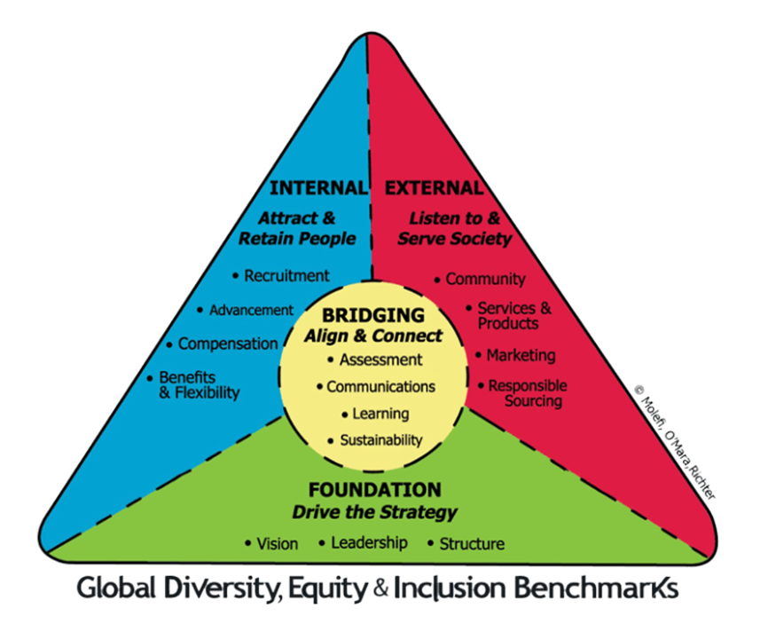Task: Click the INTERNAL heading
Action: coord(317,188)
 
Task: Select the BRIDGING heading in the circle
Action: coord(372,315)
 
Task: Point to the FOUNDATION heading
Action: coord(374,490)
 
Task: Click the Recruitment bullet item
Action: coord(286,276)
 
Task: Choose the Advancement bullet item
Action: coord(250,310)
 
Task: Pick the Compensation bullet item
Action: coord(227,344)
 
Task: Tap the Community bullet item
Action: coord(485,279)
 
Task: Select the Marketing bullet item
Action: coord(521,355)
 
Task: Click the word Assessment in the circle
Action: coord(380,359)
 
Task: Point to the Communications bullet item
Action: coord(380,386)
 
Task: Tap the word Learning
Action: coord(380,413)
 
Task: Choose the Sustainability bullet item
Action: coord(380,439)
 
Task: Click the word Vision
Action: coord(277,543)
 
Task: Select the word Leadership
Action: coord(369,542)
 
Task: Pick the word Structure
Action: coord(472,543)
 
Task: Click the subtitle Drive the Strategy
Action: coord(374,512)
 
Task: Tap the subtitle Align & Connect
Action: coord(372,336)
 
